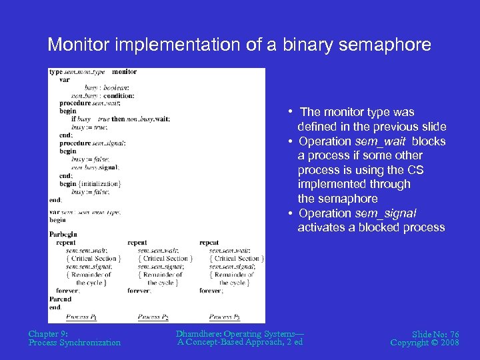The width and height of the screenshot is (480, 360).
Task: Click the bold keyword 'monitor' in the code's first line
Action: [x=124, y=72]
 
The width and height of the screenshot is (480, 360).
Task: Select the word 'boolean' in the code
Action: [x=115, y=87]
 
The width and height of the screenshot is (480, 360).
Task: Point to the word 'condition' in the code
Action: [x=119, y=95]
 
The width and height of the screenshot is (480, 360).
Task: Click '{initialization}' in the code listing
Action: [x=99, y=183]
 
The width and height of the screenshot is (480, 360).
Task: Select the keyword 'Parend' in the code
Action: [x=60, y=299]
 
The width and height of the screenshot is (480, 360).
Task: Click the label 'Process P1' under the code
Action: [x=82, y=317]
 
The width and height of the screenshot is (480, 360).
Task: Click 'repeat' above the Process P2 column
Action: [x=137, y=243]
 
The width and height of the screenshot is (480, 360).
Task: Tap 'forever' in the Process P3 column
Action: [x=211, y=291]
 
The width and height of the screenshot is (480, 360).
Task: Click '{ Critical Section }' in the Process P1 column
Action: [x=93, y=259]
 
